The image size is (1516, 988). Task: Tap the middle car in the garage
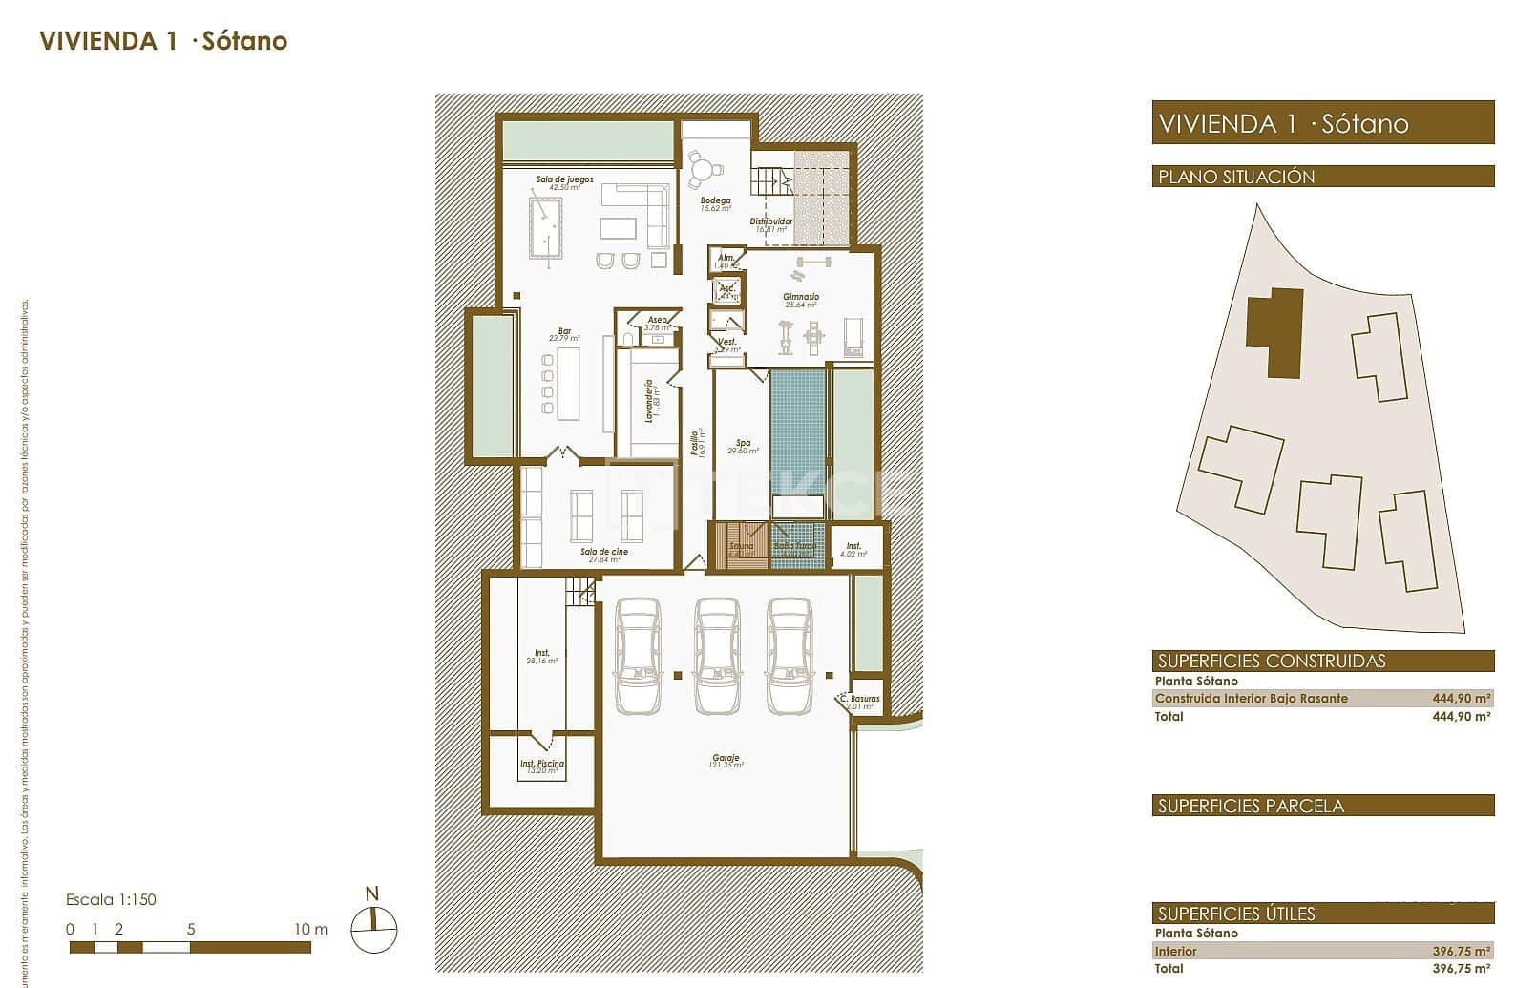717,656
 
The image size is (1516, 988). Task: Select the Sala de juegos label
564,179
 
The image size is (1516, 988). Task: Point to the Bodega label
715,201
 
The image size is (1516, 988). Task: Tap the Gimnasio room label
801,297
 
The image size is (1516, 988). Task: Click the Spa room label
743,443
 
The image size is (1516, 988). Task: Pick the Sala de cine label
603,552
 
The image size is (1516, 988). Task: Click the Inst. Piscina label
541,764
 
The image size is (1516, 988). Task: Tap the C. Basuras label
859,700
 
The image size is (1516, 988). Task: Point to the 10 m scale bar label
310,929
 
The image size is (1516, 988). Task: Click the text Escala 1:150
111,899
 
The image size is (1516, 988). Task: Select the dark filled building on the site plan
1276,330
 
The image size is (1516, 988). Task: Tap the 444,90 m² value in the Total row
1461,716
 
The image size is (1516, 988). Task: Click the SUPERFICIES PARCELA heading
1251,806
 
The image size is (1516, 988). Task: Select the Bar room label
564,332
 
